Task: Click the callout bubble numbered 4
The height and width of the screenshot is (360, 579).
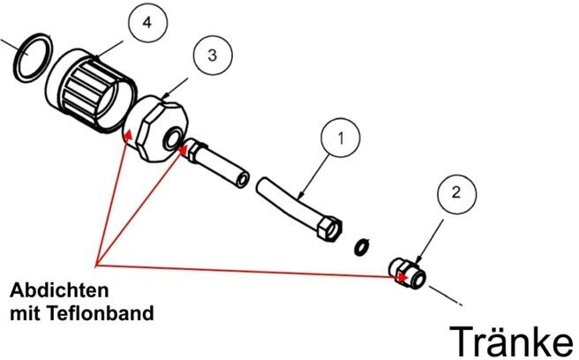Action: click(146, 24)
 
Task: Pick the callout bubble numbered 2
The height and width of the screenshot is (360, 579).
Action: click(456, 191)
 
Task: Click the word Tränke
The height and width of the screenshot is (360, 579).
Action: click(511, 338)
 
